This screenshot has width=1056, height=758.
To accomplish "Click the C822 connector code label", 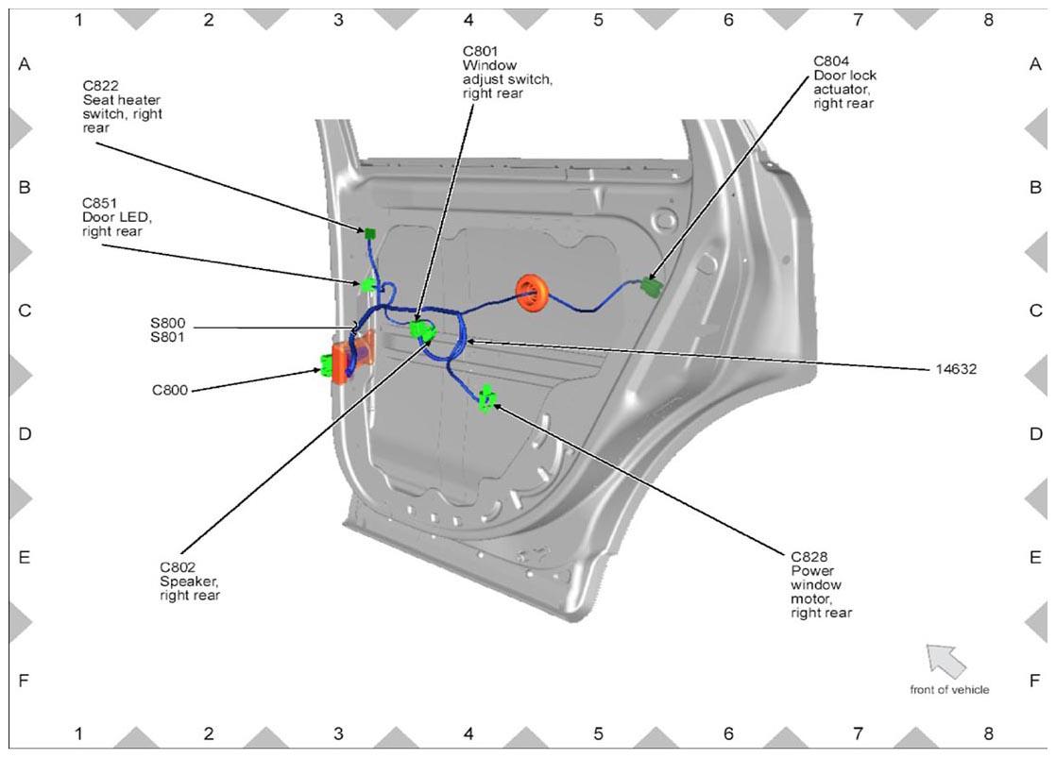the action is tap(100, 86).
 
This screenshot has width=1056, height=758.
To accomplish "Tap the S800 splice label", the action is tap(168, 323).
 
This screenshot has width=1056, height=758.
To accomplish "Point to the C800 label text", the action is tap(170, 390).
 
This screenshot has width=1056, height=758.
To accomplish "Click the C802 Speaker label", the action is tap(190, 581).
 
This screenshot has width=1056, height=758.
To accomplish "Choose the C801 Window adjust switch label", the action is tap(507, 72).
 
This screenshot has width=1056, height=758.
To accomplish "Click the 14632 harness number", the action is tap(956, 369).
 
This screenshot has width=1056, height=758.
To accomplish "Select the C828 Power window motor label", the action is tap(821, 584).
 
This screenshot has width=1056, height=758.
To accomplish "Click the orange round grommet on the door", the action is tap(532, 293).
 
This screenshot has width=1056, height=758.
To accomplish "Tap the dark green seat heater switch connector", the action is tap(369, 233).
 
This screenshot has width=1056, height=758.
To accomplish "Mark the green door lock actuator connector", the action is tap(651, 287).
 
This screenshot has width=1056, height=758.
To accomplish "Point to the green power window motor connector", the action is tap(486, 397).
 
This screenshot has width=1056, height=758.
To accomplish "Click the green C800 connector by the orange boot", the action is tap(328, 365).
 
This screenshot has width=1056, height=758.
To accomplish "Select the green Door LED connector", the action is tap(367, 284).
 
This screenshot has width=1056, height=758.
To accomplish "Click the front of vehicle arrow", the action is tap(945, 661).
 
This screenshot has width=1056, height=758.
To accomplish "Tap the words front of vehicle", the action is tap(949, 689).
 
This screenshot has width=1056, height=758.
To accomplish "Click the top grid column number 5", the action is tap(598, 20).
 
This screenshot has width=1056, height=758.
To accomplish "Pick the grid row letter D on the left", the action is tap(25, 433).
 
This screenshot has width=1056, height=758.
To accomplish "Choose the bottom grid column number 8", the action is tap(988, 733).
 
